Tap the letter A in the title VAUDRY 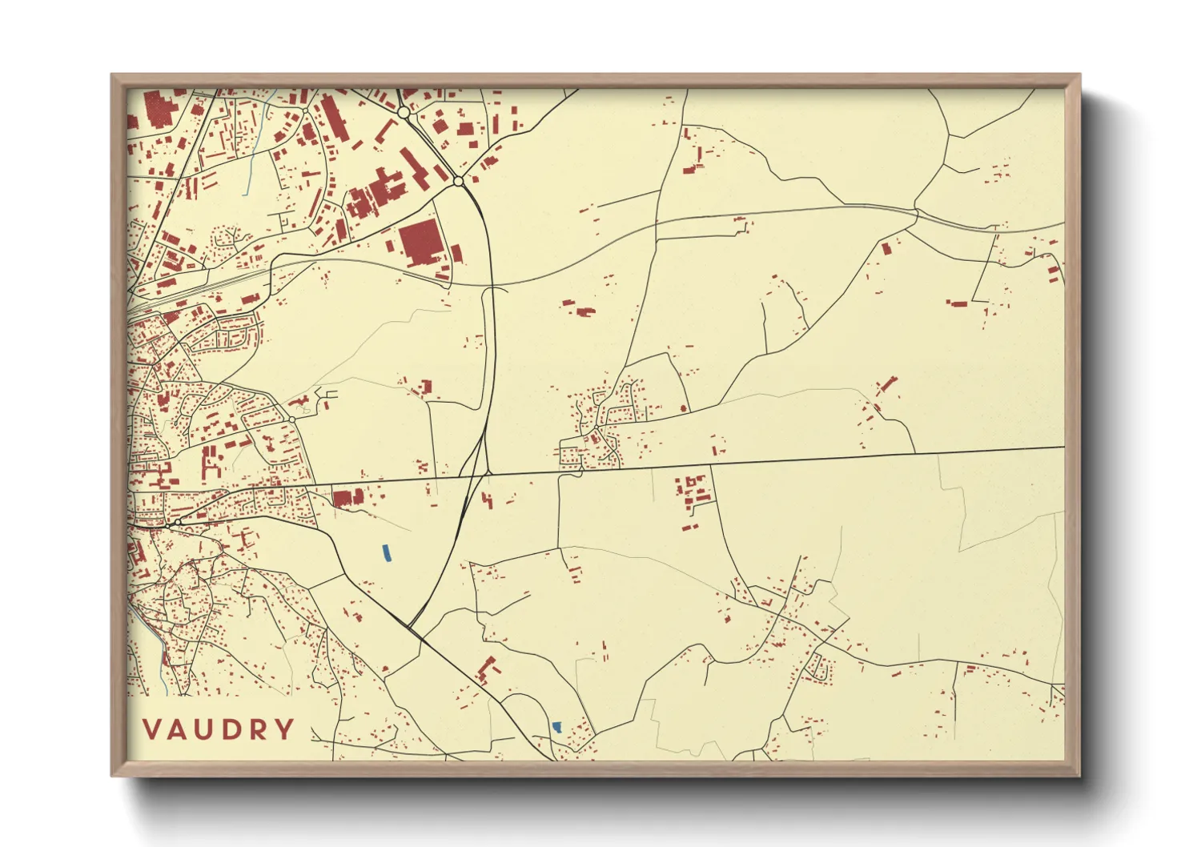tap(181, 729)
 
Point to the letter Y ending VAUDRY tap(283, 729)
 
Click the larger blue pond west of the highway tap(386, 553)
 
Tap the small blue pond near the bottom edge tap(556, 727)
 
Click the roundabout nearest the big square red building tap(458, 182)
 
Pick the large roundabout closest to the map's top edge tap(404, 114)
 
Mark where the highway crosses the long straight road tap(487, 473)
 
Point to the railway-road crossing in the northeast tap(916, 213)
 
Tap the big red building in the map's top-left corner tap(157, 109)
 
